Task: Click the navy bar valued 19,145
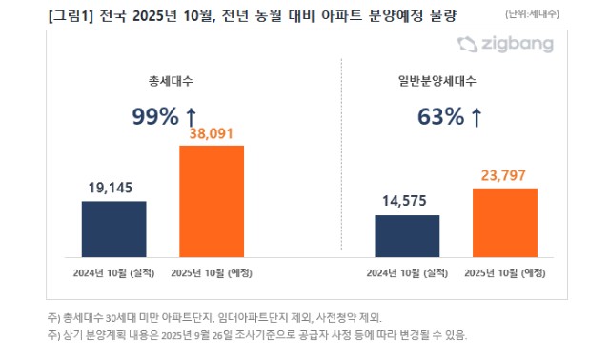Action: [107, 229]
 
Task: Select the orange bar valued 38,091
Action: [212, 201]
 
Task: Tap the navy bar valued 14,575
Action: [407, 235]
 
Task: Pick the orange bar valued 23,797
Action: [505, 222]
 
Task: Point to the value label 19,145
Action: [107, 190]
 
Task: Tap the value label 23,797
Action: [505, 176]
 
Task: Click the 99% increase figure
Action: [154, 117]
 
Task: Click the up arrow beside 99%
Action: [191, 117]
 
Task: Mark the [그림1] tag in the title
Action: [43, 14]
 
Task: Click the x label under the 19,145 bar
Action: [107, 273]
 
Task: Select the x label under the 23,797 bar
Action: [504, 273]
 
